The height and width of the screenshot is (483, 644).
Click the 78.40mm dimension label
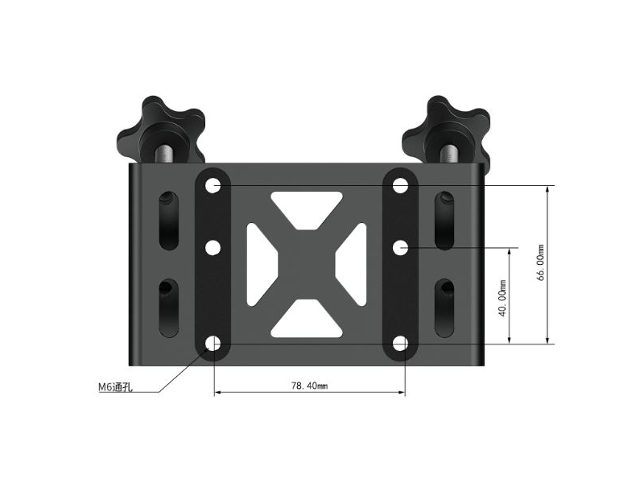tap(309, 386)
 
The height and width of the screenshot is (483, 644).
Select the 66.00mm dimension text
tap(542, 263)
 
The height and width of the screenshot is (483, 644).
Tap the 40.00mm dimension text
tap(503, 298)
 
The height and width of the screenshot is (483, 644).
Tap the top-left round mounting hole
tap(213, 186)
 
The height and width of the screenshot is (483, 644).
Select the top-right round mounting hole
tap(400, 186)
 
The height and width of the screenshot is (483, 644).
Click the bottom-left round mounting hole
tap(213, 345)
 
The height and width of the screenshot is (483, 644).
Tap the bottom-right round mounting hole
tap(400, 345)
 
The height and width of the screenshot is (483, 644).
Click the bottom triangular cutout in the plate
tap(307, 321)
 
